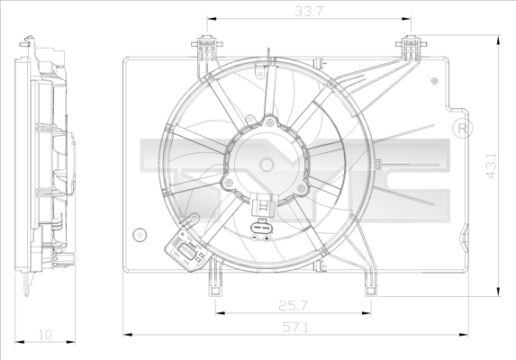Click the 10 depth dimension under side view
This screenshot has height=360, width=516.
click(x=45, y=336)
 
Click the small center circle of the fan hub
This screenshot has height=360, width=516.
click(x=267, y=164)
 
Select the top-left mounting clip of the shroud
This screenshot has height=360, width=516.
click(x=206, y=45)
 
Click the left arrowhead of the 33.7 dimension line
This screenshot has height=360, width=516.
click(x=210, y=18)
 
